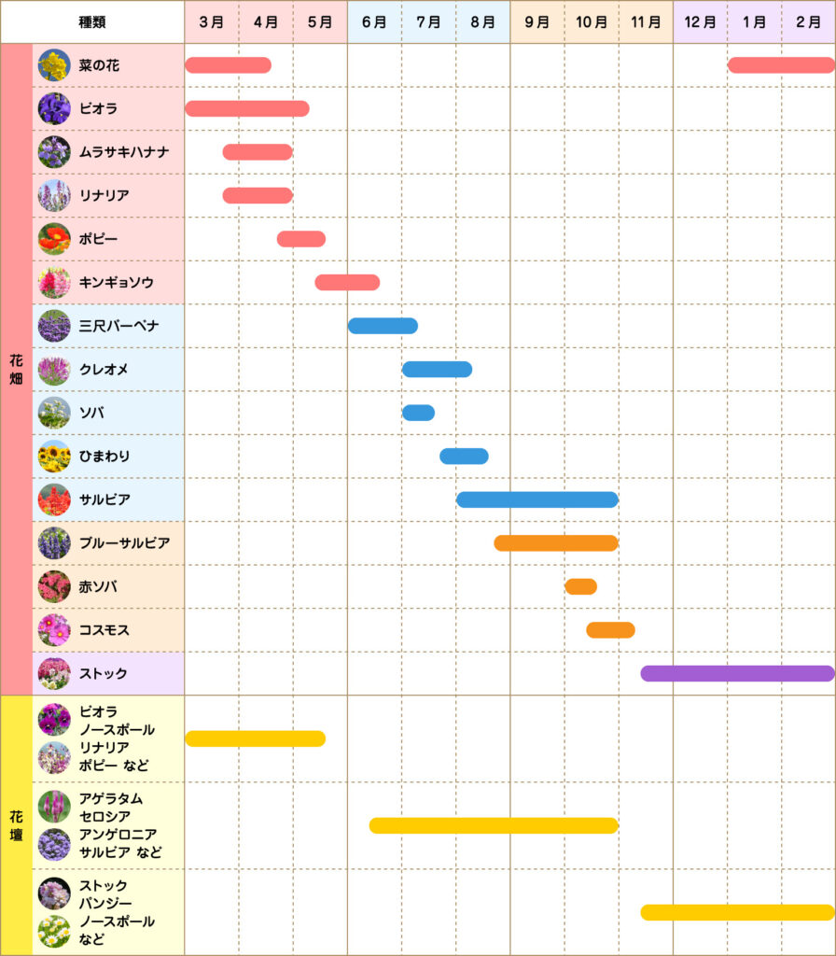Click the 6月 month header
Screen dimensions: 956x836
point(374,21)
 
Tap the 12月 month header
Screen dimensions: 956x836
point(700,21)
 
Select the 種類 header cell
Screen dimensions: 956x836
point(92,21)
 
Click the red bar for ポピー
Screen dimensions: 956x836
point(301,239)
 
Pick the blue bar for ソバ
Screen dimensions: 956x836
point(418,413)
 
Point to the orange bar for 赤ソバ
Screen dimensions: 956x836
point(580,586)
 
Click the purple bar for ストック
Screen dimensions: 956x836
point(737,673)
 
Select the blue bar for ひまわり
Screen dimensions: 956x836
point(464,456)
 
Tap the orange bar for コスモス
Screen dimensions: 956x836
point(610,630)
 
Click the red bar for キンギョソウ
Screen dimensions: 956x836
point(347,282)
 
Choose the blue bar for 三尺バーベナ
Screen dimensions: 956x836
point(383,326)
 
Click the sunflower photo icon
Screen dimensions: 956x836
point(54,457)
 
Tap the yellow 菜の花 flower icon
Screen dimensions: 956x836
point(54,65)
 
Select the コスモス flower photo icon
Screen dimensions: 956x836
point(54,630)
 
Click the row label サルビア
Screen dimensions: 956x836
point(104,499)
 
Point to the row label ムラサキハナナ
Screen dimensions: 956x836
point(124,152)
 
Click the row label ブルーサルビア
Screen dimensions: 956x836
point(124,543)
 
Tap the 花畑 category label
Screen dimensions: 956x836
point(16,370)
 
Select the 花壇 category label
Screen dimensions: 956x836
point(16,825)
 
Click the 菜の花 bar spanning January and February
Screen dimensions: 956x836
point(781,65)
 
